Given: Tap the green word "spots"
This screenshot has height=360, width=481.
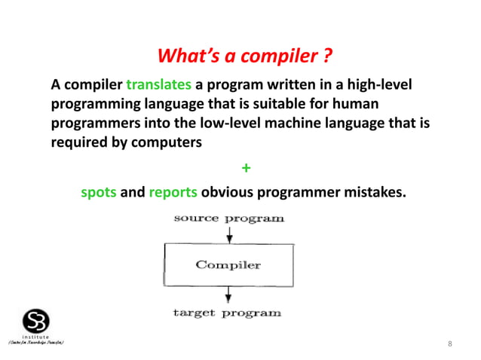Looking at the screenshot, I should point(99,192).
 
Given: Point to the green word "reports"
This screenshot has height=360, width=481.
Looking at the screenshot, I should point(173,192).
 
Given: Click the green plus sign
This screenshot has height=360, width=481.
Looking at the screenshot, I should point(244,167).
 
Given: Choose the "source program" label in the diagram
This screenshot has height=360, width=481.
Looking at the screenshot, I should point(229,218).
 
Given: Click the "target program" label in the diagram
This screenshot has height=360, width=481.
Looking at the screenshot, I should point(227,312).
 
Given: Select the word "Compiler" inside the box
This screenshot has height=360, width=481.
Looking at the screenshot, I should point(228,265).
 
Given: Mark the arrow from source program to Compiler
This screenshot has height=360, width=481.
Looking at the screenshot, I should point(229,233).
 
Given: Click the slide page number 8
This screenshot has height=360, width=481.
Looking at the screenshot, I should point(450,344).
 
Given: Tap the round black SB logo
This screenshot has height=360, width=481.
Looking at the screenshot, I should point(36,320).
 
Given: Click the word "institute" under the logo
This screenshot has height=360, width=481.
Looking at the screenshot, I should point(35,337).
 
